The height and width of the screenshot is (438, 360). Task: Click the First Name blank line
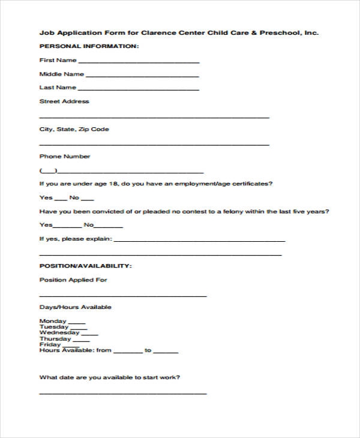click(139, 62)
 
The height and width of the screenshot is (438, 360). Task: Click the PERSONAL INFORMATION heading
click(89, 46)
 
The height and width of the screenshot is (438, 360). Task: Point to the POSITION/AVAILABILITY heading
click(86, 265)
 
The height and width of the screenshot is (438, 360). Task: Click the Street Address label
click(64, 101)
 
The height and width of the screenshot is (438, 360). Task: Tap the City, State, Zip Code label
click(74, 129)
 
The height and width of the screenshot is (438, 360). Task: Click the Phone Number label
click(65, 157)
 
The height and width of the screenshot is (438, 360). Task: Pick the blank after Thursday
click(80, 340)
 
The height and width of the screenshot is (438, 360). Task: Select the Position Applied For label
click(73, 280)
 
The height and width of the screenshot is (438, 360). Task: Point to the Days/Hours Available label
click(76, 307)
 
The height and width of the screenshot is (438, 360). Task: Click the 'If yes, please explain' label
click(75, 239)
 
